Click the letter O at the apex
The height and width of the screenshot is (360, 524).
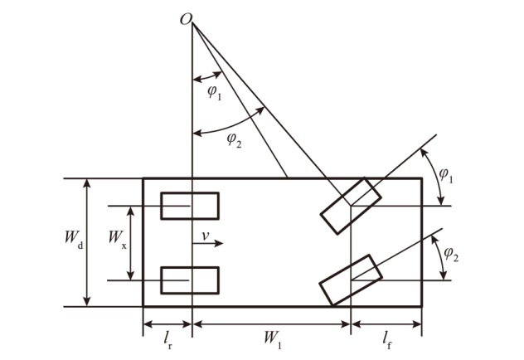(186, 19)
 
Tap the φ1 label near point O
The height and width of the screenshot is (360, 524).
(215, 92)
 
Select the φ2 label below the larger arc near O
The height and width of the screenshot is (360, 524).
(235, 139)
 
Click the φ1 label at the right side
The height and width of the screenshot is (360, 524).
(446, 175)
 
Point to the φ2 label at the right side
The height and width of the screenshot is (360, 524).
(451, 255)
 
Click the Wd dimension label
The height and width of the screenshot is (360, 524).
(74, 238)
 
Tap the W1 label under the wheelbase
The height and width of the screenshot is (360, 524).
(273, 339)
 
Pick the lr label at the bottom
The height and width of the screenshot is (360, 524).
(168, 340)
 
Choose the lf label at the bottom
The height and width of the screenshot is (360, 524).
(387, 340)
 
